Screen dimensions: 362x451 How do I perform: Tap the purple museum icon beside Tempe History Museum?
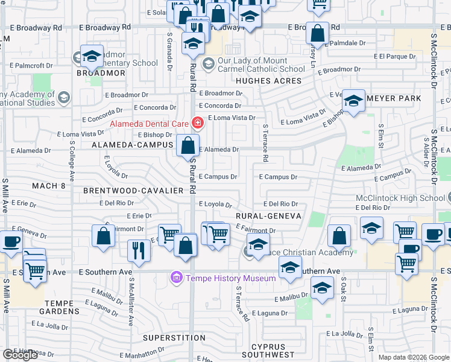[x=176, y=278]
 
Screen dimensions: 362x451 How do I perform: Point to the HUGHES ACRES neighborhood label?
[x=269, y=81]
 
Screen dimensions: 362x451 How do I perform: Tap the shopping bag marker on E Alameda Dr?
[x=188, y=145]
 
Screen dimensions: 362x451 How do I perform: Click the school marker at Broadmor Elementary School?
[x=92, y=57]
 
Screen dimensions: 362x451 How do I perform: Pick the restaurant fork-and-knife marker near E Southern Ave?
[x=139, y=250]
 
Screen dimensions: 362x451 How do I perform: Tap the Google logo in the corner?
[x=20, y=355]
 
